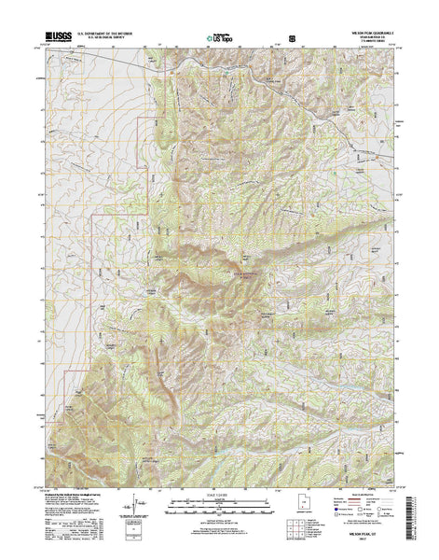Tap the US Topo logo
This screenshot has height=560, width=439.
[x=217, y=39]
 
